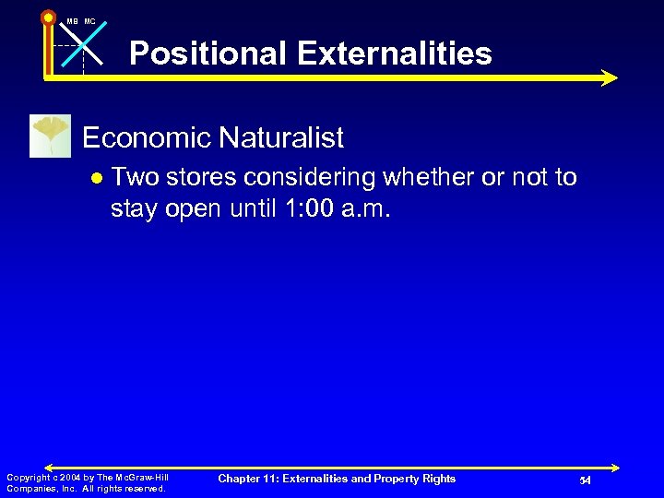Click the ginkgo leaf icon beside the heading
(x=50, y=136)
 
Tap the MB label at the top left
(x=71, y=20)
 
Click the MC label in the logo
(x=89, y=20)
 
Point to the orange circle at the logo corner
(x=48, y=16)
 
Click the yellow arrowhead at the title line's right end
(x=608, y=78)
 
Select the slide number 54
(x=585, y=480)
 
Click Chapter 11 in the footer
(x=245, y=479)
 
